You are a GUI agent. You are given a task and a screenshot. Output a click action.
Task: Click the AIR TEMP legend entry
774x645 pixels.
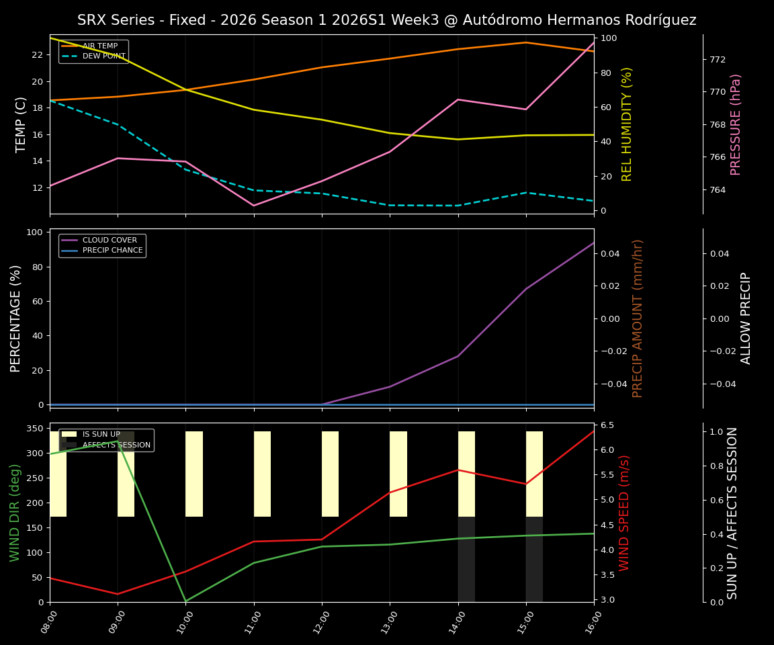coord(99,46)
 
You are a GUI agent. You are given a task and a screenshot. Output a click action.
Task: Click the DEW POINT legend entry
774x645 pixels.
coord(103,56)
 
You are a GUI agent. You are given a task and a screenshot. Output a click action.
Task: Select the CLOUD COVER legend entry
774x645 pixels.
coord(110,241)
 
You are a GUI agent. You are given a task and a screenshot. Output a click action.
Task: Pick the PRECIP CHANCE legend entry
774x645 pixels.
coord(112,251)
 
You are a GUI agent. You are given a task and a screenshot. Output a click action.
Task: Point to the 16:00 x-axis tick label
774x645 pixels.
coord(589,623)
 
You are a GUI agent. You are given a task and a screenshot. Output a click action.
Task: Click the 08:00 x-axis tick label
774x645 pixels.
coord(45,623)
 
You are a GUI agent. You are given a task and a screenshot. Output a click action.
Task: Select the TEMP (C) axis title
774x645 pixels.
coord(21,124)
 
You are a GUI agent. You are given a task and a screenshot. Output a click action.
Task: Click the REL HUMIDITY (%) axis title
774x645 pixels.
coord(627,124)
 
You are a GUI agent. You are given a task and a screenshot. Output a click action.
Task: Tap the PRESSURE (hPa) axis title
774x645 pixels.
coord(736,124)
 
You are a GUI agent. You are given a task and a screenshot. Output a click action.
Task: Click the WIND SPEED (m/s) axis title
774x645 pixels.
coord(624,513)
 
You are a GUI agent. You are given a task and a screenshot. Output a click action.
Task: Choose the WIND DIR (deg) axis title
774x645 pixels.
coord(15,513)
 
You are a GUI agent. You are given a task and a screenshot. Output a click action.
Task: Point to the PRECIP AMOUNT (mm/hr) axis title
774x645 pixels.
coord(638,318)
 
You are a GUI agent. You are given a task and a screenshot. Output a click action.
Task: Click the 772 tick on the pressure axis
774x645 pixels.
coord(718,59)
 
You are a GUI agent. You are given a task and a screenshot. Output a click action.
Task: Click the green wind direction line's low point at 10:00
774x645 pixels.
coord(186,601)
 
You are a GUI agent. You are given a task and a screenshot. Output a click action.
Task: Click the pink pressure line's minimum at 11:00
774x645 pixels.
coord(254,206)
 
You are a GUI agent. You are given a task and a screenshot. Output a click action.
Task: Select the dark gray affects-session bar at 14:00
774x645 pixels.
coord(466,559)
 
